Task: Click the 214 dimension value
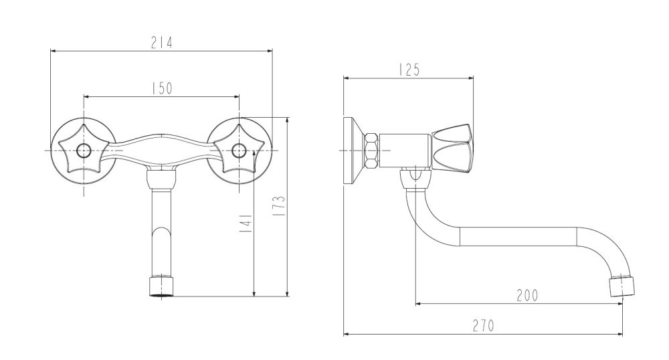[x=162, y=43]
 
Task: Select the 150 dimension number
[x=162, y=88]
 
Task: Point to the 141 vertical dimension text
[x=246, y=223]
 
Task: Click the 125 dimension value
[x=409, y=70]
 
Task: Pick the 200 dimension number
[x=527, y=295]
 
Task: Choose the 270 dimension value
[x=484, y=326]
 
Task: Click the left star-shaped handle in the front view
[x=84, y=151]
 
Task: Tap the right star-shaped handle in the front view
[x=239, y=151]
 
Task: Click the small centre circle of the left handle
[x=84, y=151]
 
